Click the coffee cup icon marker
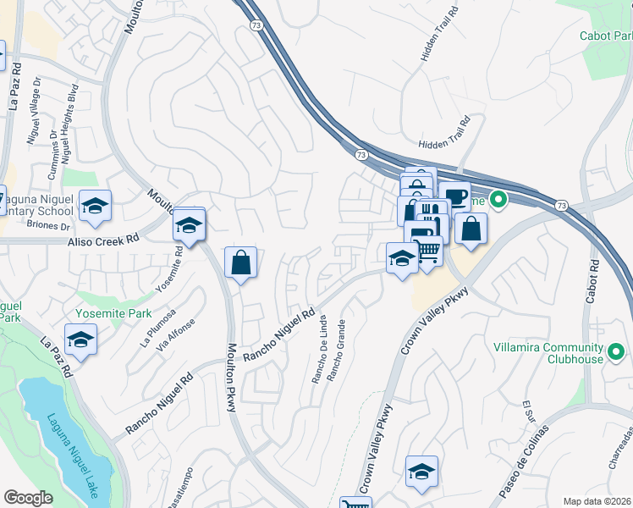pos(454,196)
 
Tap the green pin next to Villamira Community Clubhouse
pos(616,351)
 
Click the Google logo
pos(28,498)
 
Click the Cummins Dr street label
pos(53,141)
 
